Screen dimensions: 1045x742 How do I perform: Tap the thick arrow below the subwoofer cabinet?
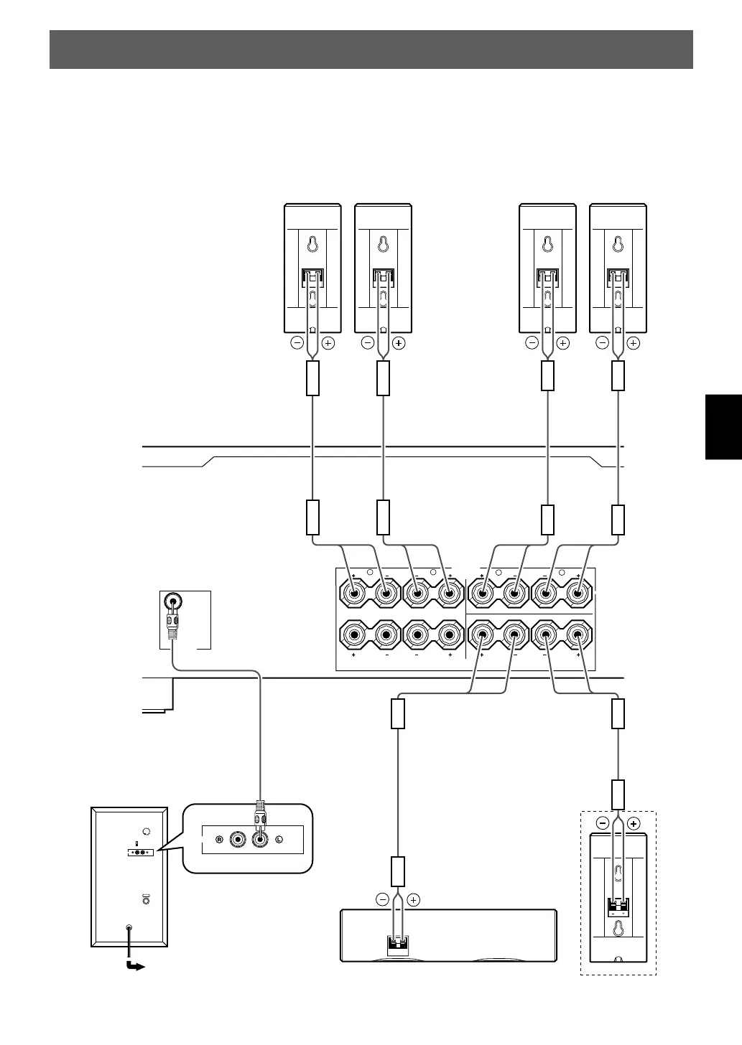(x=134, y=966)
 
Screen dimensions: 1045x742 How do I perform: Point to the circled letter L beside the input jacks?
(x=279, y=839)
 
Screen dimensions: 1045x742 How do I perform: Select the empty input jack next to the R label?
(x=236, y=839)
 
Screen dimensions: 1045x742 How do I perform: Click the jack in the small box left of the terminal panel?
(x=172, y=602)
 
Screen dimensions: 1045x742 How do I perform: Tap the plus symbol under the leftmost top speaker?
(x=328, y=343)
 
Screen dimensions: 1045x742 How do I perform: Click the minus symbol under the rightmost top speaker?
(x=603, y=343)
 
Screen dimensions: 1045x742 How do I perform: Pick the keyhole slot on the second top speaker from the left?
(x=383, y=244)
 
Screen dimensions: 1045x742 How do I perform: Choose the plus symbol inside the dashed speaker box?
(x=633, y=824)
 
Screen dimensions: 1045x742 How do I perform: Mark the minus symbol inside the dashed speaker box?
(x=603, y=824)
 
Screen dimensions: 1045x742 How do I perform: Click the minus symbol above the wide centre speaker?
(x=382, y=899)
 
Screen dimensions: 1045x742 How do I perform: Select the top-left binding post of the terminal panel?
(x=355, y=594)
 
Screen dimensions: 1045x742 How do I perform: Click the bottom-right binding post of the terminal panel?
(x=578, y=634)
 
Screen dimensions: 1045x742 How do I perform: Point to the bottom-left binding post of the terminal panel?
(x=355, y=634)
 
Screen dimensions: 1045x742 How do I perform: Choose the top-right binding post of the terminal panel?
(x=578, y=594)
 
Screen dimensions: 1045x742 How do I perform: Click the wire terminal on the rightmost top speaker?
(x=618, y=276)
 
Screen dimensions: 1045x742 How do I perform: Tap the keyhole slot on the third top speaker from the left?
(x=547, y=244)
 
